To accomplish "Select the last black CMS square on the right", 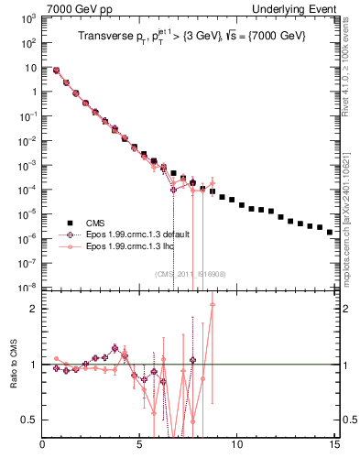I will tap(330, 232).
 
